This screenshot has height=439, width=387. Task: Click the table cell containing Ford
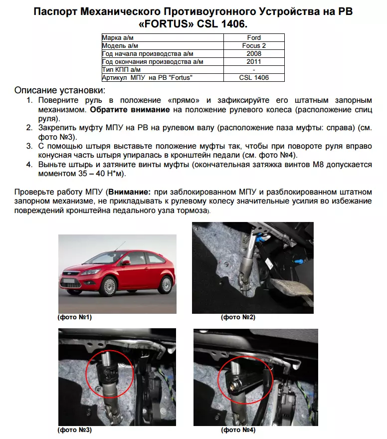[x=254, y=37]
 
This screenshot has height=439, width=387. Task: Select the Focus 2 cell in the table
[x=254, y=46]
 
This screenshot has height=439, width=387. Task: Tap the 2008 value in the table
[x=254, y=54]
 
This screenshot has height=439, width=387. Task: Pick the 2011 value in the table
[x=254, y=62]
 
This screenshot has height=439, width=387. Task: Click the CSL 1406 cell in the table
[x=254, y=78]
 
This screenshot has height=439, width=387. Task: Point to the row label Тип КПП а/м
[x=123, y=70]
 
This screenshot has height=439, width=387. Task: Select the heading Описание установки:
[x=60, y=90]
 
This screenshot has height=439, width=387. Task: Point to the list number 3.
[x=29, y=146]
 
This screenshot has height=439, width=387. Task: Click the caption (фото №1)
[x=75, y=317]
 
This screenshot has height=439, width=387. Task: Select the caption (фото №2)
[x=238, y=317]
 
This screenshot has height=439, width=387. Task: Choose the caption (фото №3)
[x=75, y=430]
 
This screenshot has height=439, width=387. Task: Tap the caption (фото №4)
[x=238, y=430]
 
